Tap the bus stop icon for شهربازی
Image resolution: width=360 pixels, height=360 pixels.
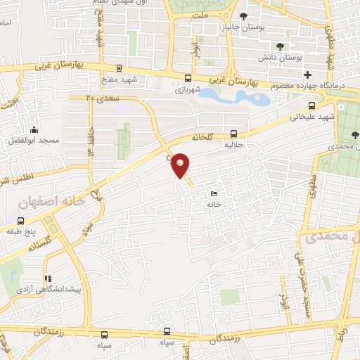188,79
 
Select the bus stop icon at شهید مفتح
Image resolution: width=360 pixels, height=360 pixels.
119,69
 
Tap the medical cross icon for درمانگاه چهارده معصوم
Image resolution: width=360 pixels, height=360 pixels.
307,75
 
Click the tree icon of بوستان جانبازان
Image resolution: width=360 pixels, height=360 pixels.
243,16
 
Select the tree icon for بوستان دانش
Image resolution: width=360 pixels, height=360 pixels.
281,46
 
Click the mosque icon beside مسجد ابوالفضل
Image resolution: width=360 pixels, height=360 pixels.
34,130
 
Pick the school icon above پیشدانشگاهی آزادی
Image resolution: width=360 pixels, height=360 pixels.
48,278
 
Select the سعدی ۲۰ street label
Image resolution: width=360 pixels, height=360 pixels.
100,99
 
